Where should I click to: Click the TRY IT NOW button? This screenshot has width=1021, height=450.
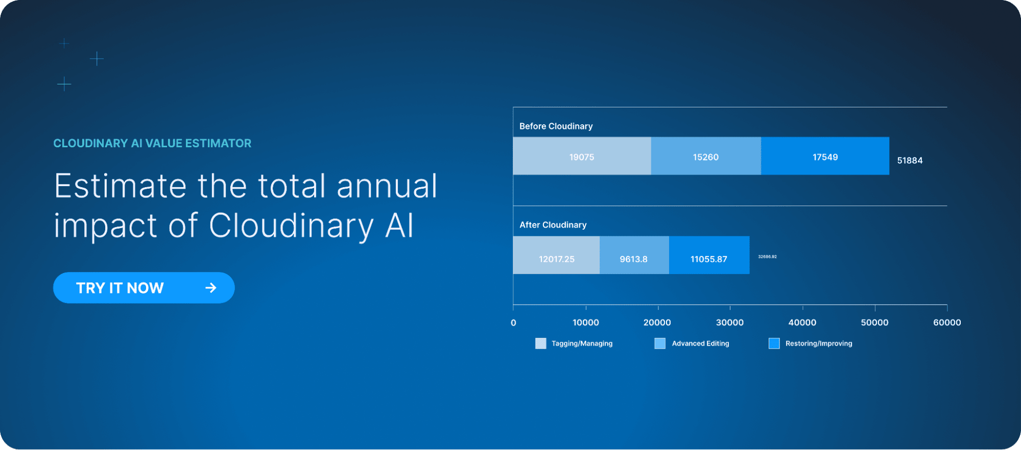[144, 288]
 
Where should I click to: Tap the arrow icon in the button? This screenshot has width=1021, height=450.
[211, 288]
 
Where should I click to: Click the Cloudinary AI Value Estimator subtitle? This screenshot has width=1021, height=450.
[152, 143]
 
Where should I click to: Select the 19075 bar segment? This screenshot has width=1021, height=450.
[582, 156]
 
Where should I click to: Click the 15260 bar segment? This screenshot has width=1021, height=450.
[706, 156]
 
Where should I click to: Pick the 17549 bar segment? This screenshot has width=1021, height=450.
[825, 156]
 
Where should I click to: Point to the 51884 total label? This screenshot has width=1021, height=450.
[910, 161]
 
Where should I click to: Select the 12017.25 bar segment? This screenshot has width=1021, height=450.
[556, 255]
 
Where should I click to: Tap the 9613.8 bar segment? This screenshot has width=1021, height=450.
[634, 255]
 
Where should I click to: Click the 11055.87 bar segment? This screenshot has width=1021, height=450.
[709, 255]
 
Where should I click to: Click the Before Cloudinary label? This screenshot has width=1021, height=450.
[556, 126]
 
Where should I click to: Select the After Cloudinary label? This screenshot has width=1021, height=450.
[553, 225]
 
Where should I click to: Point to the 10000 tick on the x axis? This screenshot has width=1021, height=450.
[586, 323]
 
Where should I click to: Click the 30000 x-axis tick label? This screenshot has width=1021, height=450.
[730, 323]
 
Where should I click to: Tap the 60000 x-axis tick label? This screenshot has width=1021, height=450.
[947, 323]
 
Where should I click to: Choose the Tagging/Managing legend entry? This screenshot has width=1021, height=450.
[574, 344]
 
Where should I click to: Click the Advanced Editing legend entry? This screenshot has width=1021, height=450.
[692, 344]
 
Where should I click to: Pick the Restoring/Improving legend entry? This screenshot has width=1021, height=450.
[811, 344]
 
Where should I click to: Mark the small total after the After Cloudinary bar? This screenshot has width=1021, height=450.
[767, 257]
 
